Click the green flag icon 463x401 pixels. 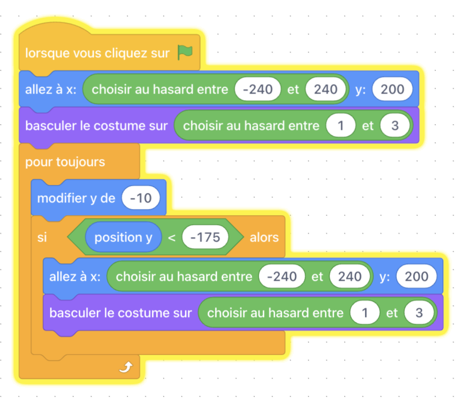pyautogui.click(x=185, y=52)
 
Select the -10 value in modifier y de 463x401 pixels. pyautogui.click(x=141, y=198)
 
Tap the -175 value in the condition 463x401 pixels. pyautogui.click(x=205, y=237)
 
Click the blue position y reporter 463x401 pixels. pyautogui.click(x=124, y=237)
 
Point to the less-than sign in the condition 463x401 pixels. pyautogui.click(x=172, y=237)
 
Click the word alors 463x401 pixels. pyautogui.click(x=265, y=237)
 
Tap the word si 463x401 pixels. pyautogui.click(x=42, y=237)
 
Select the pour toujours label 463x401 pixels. pyautogui.click(x=65, y=162)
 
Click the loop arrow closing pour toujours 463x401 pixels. pyautogui.click(x=126, y=367)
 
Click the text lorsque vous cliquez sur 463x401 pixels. pyautogui.click(x=97, y=53)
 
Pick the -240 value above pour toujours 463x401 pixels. pyautogui.click(x=257, y=89)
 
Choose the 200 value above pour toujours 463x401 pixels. pyautogui.click(x=392, y=89)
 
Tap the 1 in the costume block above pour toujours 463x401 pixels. pyautogui.click(x=340, y=125)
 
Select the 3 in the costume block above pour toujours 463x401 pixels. pyautogui.click(x=395, y=125)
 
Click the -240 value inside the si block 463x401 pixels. pyautogui.click(x=281, y=276)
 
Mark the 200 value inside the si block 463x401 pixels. pyautogui.click(x=417, y=276)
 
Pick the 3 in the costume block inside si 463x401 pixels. pyautogui.click(x=419, y=313)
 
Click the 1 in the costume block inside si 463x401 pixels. pyautogui.click(x=364, y=313)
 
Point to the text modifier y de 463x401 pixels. pyautogui.click(x=76, y=198)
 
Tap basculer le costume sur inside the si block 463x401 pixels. pyautogui.click(x=121, y=313)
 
